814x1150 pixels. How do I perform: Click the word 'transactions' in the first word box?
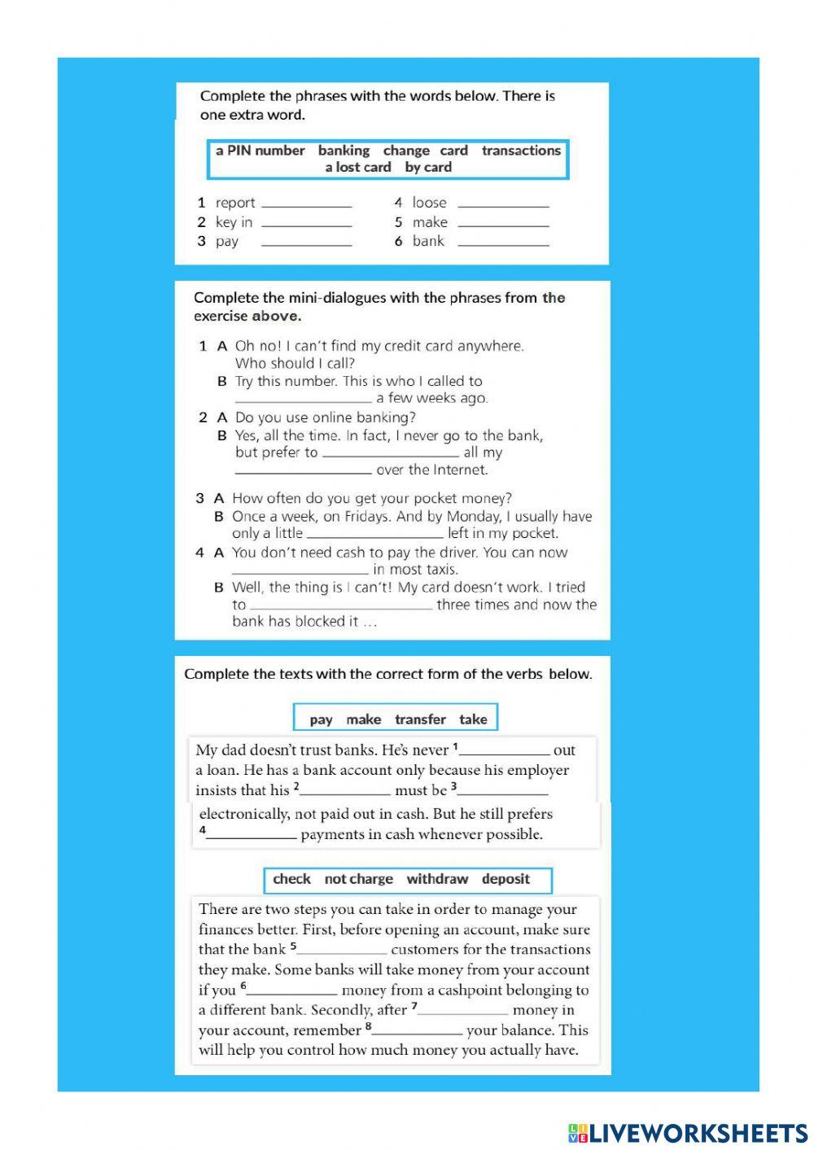click(521, 151)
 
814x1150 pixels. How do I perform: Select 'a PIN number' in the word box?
click(260, 151)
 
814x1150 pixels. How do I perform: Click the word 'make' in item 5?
click(430, 222)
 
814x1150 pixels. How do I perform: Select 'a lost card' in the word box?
click(358, 167)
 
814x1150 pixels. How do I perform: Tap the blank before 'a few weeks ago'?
click(303, 399)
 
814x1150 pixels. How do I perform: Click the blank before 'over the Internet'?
click(303, 470)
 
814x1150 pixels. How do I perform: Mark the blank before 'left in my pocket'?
click(374, 535)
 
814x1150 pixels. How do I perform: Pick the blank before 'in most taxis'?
click(300, 571)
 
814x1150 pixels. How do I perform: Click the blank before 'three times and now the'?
click(341, 606)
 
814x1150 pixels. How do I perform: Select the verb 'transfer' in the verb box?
click(420, 719)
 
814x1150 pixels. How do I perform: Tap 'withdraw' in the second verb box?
click(437, 879)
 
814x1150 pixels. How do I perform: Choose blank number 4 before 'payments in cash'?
click(252, 836)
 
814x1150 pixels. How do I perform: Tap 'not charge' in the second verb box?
click(358, 879)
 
